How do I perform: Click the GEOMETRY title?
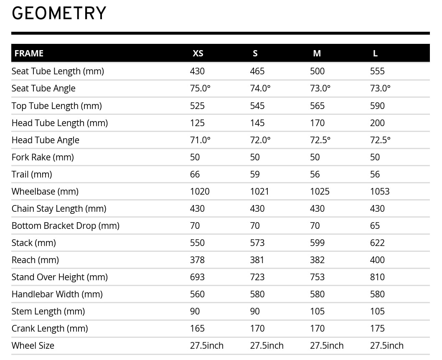point(59,14)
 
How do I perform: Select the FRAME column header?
point(29,53)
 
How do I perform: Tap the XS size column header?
point(198,53)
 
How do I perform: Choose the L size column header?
point(375,53)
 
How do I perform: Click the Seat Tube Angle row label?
point(43,89)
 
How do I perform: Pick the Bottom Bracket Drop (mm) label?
point(65,226)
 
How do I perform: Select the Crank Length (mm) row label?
point(50,329)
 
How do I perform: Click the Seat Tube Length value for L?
point(377,71)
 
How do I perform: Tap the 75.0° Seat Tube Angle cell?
point(200,89)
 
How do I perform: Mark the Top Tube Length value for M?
point(317,106)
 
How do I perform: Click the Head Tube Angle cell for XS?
point(200,140)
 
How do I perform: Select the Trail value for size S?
point(255,175)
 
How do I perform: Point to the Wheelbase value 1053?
point(380,192)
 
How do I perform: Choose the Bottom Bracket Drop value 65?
point(375,226)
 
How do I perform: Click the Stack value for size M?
point(317,243)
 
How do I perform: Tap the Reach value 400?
point(377,260)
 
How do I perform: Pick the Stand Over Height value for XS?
point(197,277)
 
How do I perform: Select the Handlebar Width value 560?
point(197,294)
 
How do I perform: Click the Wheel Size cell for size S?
point(267,346)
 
